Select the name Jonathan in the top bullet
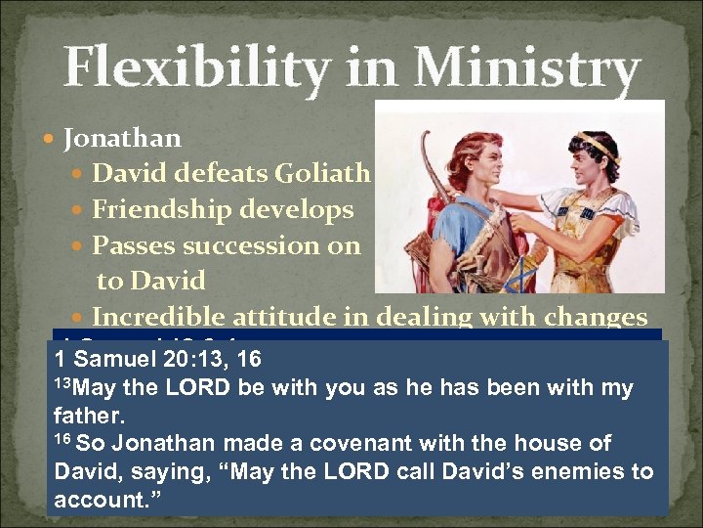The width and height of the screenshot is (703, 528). pos(122,139)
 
